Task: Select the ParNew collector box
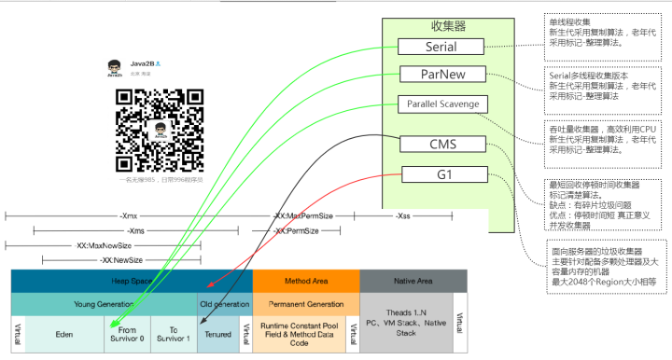click(441, 74)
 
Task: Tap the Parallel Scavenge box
click(441, 104)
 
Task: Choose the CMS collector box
click(441, 145)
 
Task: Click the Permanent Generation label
click(305, 304)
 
